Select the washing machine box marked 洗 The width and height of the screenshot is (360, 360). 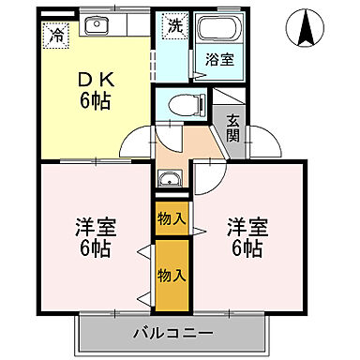174,27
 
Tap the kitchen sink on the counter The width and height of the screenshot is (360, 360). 93,24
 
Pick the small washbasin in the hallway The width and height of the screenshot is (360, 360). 170,179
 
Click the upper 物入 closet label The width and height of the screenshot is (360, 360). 171,219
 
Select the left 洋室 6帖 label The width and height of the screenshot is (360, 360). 94,237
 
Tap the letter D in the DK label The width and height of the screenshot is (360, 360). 80,77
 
